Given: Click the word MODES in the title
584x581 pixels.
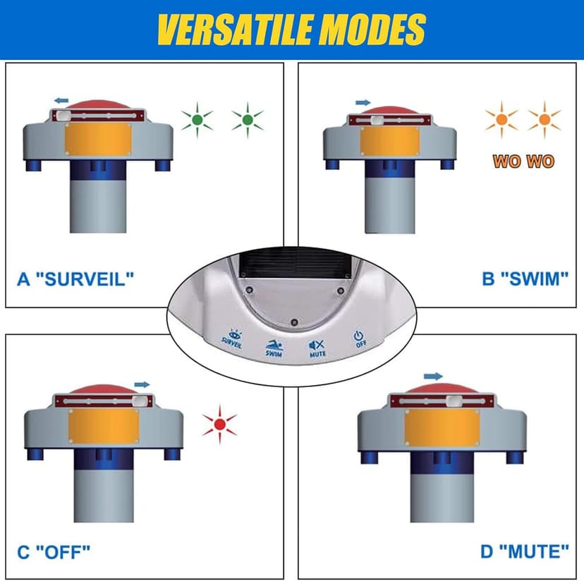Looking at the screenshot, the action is [x=373, y=30].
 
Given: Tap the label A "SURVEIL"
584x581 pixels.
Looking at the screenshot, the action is [x=75, y=279].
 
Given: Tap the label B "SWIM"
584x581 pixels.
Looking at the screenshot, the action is [x=525, y=279].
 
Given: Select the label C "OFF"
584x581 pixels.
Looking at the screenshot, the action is [x=54, y=552].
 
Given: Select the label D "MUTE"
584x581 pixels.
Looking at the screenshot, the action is [x=525, y=551].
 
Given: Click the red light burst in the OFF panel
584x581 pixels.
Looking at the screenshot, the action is [x=220, y=424].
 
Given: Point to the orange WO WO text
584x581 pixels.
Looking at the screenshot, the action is [x=523, y=161].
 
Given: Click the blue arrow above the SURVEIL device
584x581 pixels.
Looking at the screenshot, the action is [x=61, y=100].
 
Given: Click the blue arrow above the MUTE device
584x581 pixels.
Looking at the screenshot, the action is [x=433, y=376].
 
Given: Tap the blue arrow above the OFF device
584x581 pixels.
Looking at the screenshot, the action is [x=142, y=384].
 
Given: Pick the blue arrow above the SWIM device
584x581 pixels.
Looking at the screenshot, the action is [x=363, y=102].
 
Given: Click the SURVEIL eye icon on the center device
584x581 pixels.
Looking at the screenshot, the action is [x=234, y=334].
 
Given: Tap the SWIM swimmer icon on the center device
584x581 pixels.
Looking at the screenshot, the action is [x=274, y=345].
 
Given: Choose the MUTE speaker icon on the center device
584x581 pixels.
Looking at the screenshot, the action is [x=317, y=345].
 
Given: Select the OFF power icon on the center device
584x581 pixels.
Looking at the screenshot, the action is [x=358, y=336].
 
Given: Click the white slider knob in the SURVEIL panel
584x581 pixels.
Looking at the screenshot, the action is [x=64, y=116].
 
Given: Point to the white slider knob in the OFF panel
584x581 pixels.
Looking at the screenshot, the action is [x=139, y=401].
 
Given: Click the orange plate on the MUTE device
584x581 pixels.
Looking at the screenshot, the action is [x=442, y=427].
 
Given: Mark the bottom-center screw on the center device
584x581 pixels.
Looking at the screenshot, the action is [x=294, y=322].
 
